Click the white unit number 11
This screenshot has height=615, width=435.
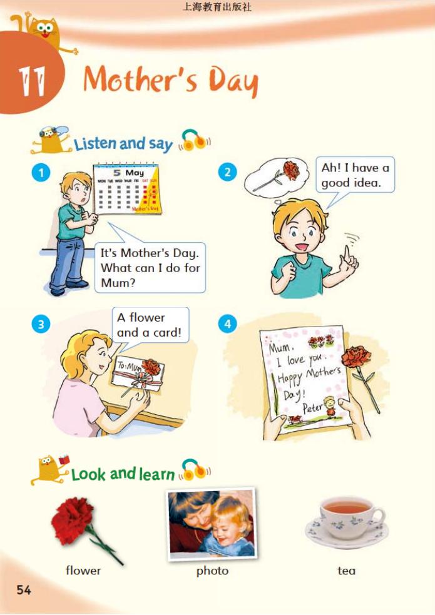coord(31,81)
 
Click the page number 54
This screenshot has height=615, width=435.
coord(24,589)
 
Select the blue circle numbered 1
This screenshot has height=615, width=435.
coord(41,173)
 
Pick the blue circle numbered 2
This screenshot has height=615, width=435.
coord(227,172)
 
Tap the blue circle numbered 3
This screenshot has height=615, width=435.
coord(41,325)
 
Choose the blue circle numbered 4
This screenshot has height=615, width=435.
coord(227,324)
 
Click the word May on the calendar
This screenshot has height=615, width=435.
coord(135,173)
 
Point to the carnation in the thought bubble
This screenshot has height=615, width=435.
coord(276,175)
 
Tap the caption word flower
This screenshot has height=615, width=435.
coord(83,571)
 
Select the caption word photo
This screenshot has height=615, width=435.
coord(212,571)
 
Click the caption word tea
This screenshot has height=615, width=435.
coord(346,571)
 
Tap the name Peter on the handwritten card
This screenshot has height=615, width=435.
coord(312,407)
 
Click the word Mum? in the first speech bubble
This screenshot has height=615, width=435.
coord(118,282)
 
